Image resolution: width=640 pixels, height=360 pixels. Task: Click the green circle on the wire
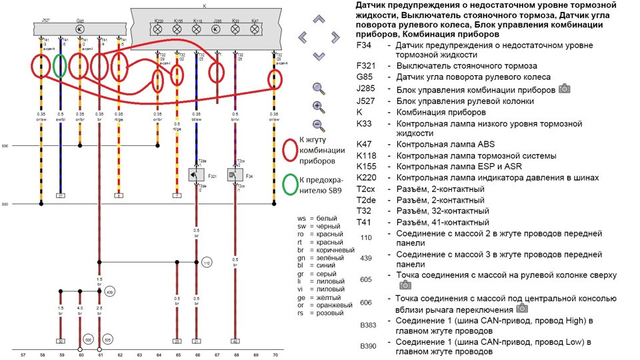pyautogui.click(x=59, y=66)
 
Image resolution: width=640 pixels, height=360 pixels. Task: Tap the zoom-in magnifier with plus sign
pyautogui.click(x=318, y=106)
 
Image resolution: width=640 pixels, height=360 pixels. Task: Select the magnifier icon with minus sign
pyautogui.click(x=318, y=125)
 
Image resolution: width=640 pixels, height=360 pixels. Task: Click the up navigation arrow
pyautogui.click(x=319, y=19)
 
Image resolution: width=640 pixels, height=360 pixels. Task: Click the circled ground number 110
pyautogui.click(x=207, y=263)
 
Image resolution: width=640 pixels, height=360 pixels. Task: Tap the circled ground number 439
pyautogui.click(x=110, y=292)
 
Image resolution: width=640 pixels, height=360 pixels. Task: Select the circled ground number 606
pyautogui.click(x=87, y=339)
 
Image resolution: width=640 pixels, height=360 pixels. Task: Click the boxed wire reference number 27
pyautogui.click(x=60, y=196)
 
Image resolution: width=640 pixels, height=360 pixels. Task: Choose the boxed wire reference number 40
pyautogui.click(x=235, y=341)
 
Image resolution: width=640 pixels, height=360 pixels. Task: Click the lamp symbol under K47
pyautogui.click(x=255, y=30)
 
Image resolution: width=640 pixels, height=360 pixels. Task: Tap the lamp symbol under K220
pyautogui.click(x=159, y=30)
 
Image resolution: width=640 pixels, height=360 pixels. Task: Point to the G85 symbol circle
pyautogui.click(x=80, y=30)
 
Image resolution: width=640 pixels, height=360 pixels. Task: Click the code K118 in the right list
pyautogui.click(x=366, y=155)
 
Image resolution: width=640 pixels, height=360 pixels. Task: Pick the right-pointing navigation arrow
pyautogui.click(x=335, y=37)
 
